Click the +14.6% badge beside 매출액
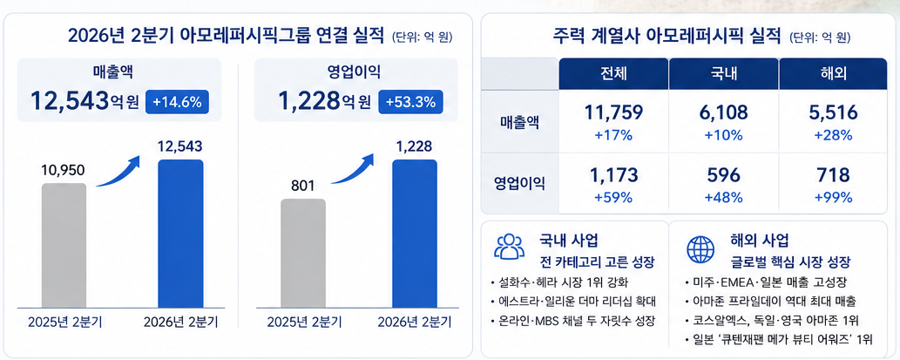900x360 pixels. [x=178, y=102]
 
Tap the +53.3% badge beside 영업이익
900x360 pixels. [x=410, y=102]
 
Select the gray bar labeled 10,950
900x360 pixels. [x=64, y=245]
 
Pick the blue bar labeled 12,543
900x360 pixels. [x=180, y=234]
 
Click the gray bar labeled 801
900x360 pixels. [x=303, y=253]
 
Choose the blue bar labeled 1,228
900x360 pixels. [x=415, y=234]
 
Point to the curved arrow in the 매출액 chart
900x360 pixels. [x=118, y=173]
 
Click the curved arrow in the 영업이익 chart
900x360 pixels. [x=353, y=169]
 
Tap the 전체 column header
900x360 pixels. [x=612, y=74]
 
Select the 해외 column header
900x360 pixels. [x=833, y=74]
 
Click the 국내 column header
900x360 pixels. [x=723, y=74]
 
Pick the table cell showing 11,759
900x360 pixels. [x=613, y=113]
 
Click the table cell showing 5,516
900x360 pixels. [x=833, y=113]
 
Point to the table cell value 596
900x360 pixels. [x=723, y=175]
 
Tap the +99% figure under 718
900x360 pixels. [x=834, y=198]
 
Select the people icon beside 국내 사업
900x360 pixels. [x=509, y=247]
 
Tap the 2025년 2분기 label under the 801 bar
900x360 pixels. [x=304, y=322]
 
